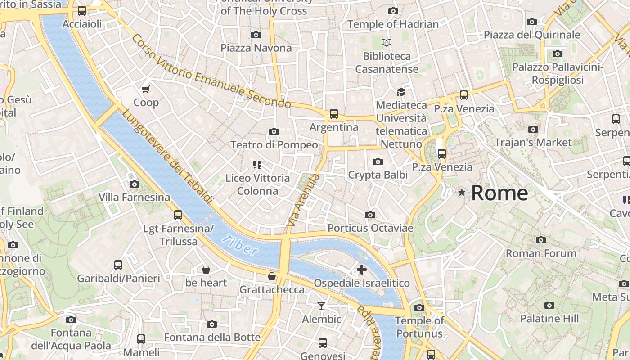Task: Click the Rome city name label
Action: tap(499, 193)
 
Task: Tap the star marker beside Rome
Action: tap(461, 193)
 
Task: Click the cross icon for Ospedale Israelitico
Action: tap(361, 270)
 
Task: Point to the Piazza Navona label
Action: tap(256, 48)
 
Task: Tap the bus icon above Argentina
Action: tap(333, 114)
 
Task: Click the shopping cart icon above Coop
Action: tap(146, 89)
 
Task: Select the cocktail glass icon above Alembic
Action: tap(321, 306)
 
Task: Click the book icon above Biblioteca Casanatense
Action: tap(387, 43)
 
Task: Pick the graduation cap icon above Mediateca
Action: tap(400, 92)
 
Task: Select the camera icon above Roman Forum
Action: tap(541, 240)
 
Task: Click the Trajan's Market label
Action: tap(533, 143)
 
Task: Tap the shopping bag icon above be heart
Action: tap(206, 270)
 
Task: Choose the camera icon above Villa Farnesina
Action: tap(134, 184)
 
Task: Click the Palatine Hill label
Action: tap(549, 319)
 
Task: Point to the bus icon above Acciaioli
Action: tap(82, 11)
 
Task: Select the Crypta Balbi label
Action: tap(378, 175)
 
